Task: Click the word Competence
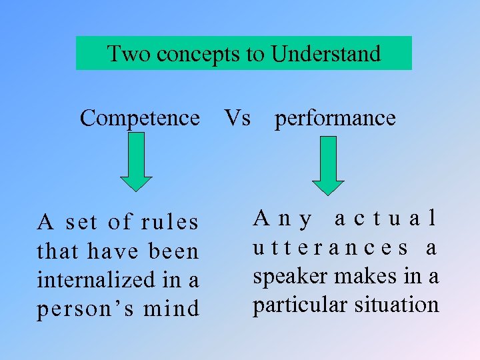pyautogui.click(x=139, y=119)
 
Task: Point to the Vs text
pyautogui.click(x=237, y=118)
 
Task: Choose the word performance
pyautogui.click(x=335, y=119)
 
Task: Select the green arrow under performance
pyautogui.click(x=328, y=165)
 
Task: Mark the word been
pyautogui.click(x=175, y=251)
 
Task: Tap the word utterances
pyautogui.click(x=331, y=248)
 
